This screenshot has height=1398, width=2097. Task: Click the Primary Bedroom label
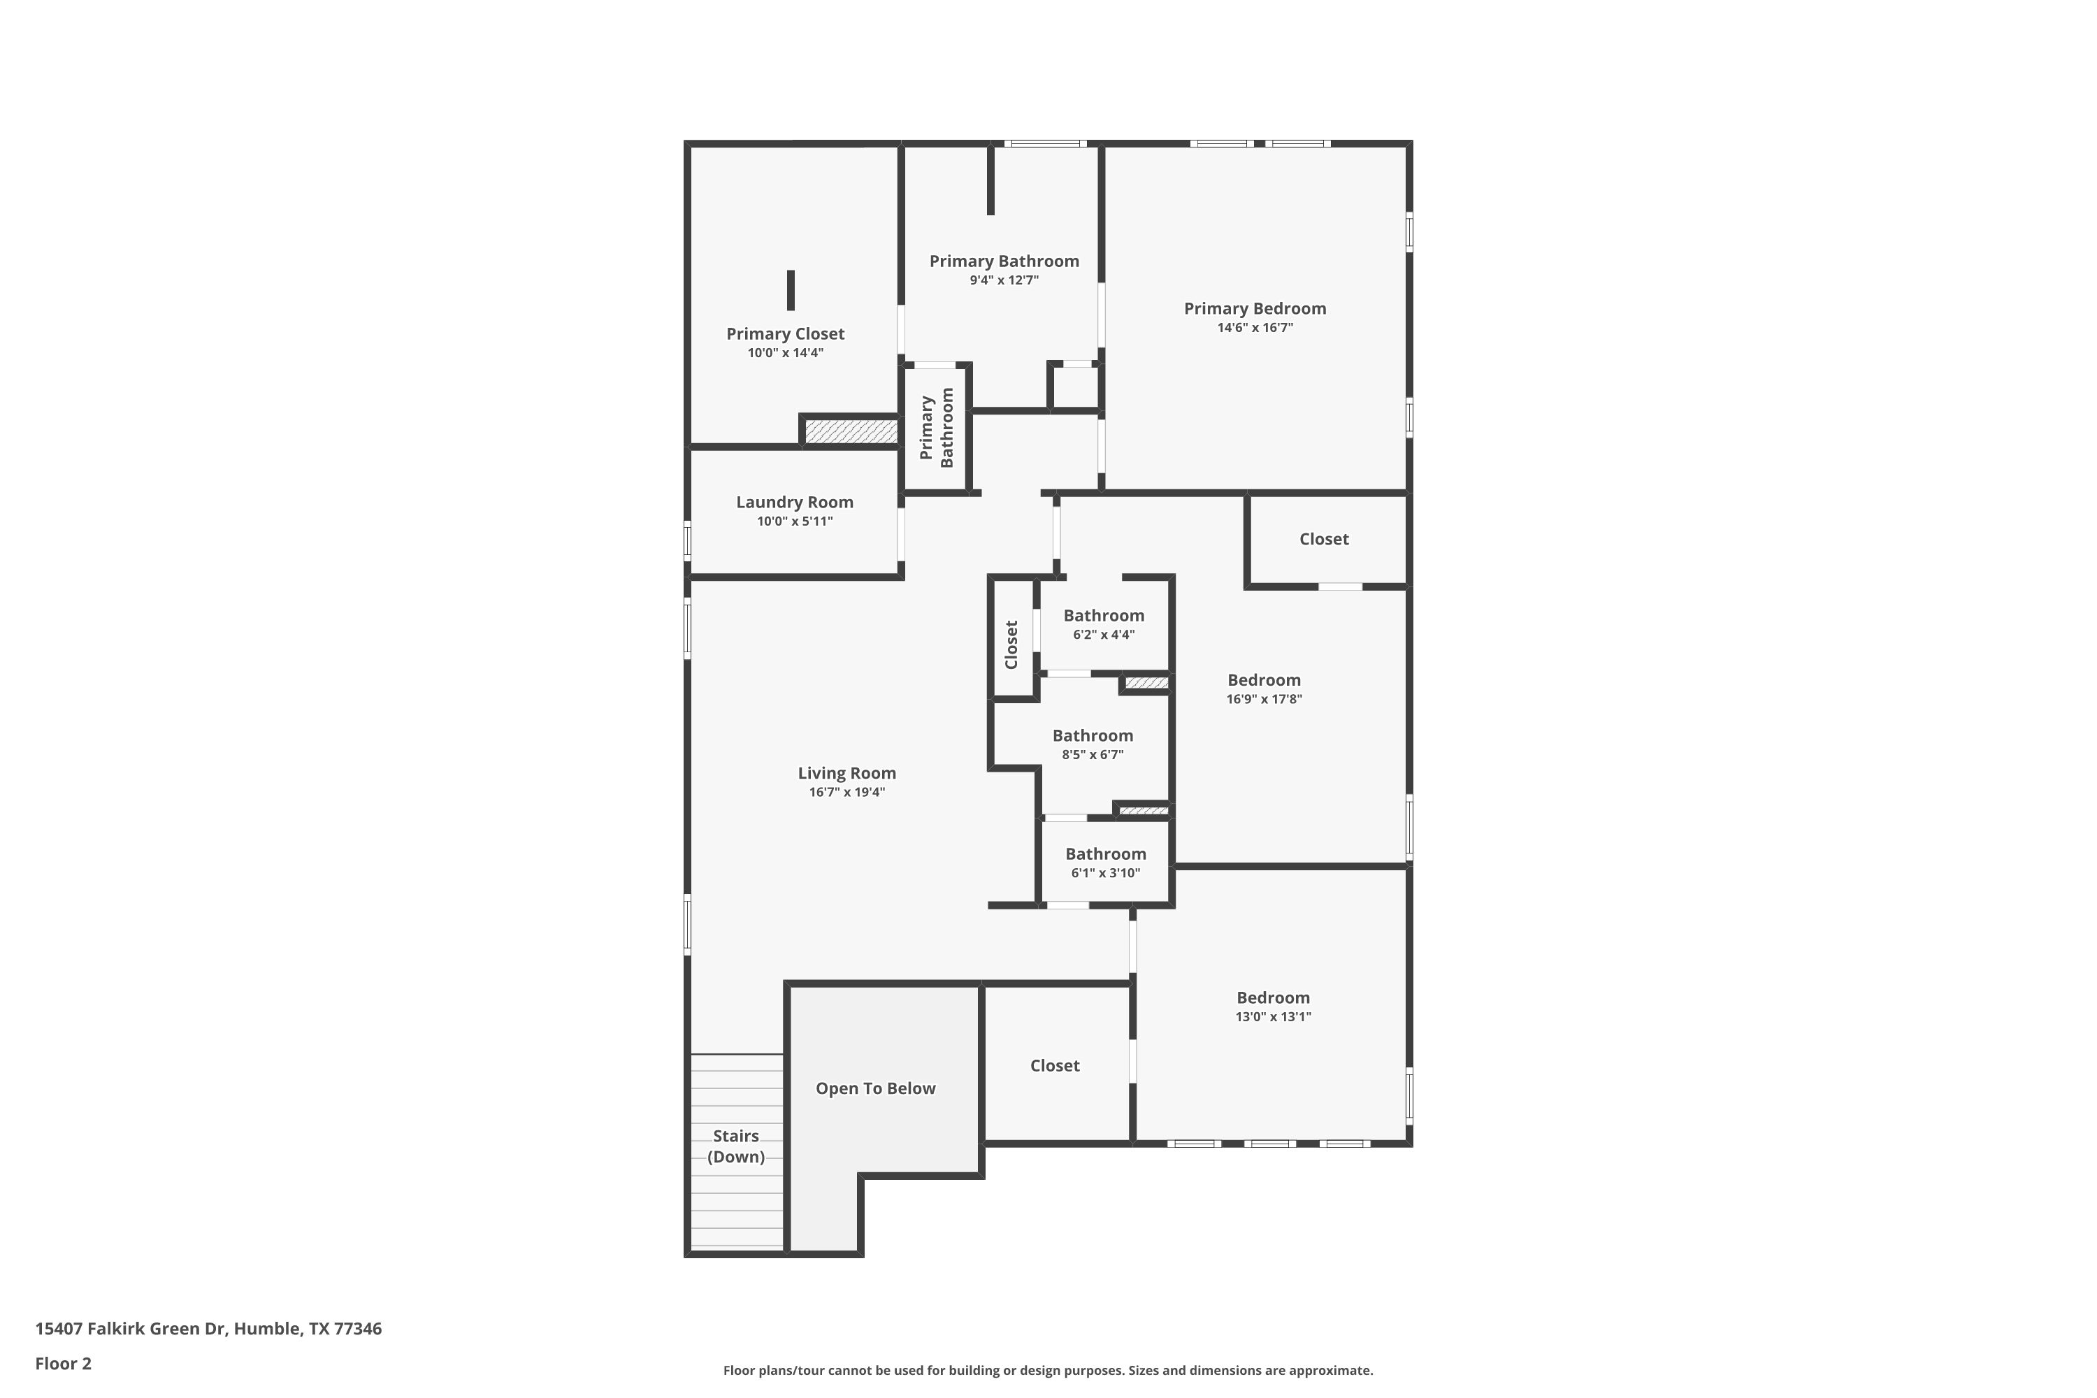pos(1255,308)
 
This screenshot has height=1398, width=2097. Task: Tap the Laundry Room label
pos(794,502)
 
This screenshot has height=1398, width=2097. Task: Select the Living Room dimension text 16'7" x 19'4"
pos(847,792)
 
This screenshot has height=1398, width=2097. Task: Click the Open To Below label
pos(876,1088)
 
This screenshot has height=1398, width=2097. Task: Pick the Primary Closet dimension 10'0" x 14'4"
pos(786,353)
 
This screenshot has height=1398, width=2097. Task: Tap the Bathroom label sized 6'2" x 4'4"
pos(1104,615)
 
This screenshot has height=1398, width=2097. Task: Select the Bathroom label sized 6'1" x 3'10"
pos(1106,854)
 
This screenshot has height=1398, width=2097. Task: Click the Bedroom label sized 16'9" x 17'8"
pos(1264,680)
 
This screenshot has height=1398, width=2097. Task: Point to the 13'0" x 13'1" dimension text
pos(1273,1016)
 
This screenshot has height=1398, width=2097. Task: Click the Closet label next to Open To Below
pos(1055,1065)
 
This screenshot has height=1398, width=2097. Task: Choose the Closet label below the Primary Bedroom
pos(1324,538)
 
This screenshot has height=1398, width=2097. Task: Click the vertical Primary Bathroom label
pos(936,428)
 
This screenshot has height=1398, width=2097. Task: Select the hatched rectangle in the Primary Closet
pos(851,431)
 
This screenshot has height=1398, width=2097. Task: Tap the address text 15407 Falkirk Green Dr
pos(131,1329)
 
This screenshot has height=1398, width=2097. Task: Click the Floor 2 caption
pos(64,1363)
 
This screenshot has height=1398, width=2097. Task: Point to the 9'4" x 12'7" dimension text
pos(1005,280)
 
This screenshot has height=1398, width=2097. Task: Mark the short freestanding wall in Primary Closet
pos(791,291)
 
